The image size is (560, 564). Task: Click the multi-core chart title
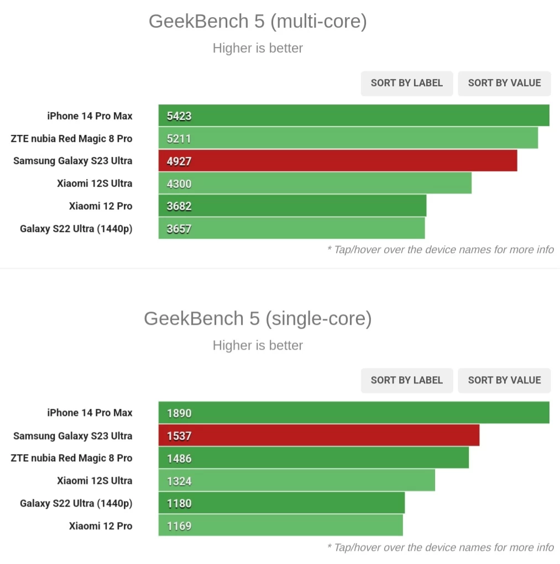(x=258, y=22)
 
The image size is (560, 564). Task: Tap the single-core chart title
(x=258, y=319)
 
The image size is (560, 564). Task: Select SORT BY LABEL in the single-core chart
(x=406, y=380)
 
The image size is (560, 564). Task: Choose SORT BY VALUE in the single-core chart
(x=504, y=380)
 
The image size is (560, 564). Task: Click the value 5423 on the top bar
(x=179, y=116)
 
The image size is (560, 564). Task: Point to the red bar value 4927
(x=179, y=161)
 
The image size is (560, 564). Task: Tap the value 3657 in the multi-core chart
(x=179, y=229)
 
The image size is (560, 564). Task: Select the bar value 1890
(x=179, y=413)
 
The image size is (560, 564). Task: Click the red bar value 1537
(x=179, y=436)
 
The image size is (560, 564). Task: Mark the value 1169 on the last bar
(x=179, y=526)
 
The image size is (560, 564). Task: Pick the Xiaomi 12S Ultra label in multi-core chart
(x=95, y=183)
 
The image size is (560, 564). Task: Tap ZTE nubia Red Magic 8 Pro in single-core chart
(x=71, y=458)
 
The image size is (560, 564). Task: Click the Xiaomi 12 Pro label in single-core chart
(x=101, y=526)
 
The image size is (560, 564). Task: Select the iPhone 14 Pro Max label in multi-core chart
(x=90, y=116)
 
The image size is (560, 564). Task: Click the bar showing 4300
(x=315, y=183)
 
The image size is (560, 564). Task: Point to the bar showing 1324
(x=296, y=481)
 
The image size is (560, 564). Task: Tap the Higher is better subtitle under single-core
(x=258, y=345)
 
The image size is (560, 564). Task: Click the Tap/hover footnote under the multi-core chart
(x=440, y=250)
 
